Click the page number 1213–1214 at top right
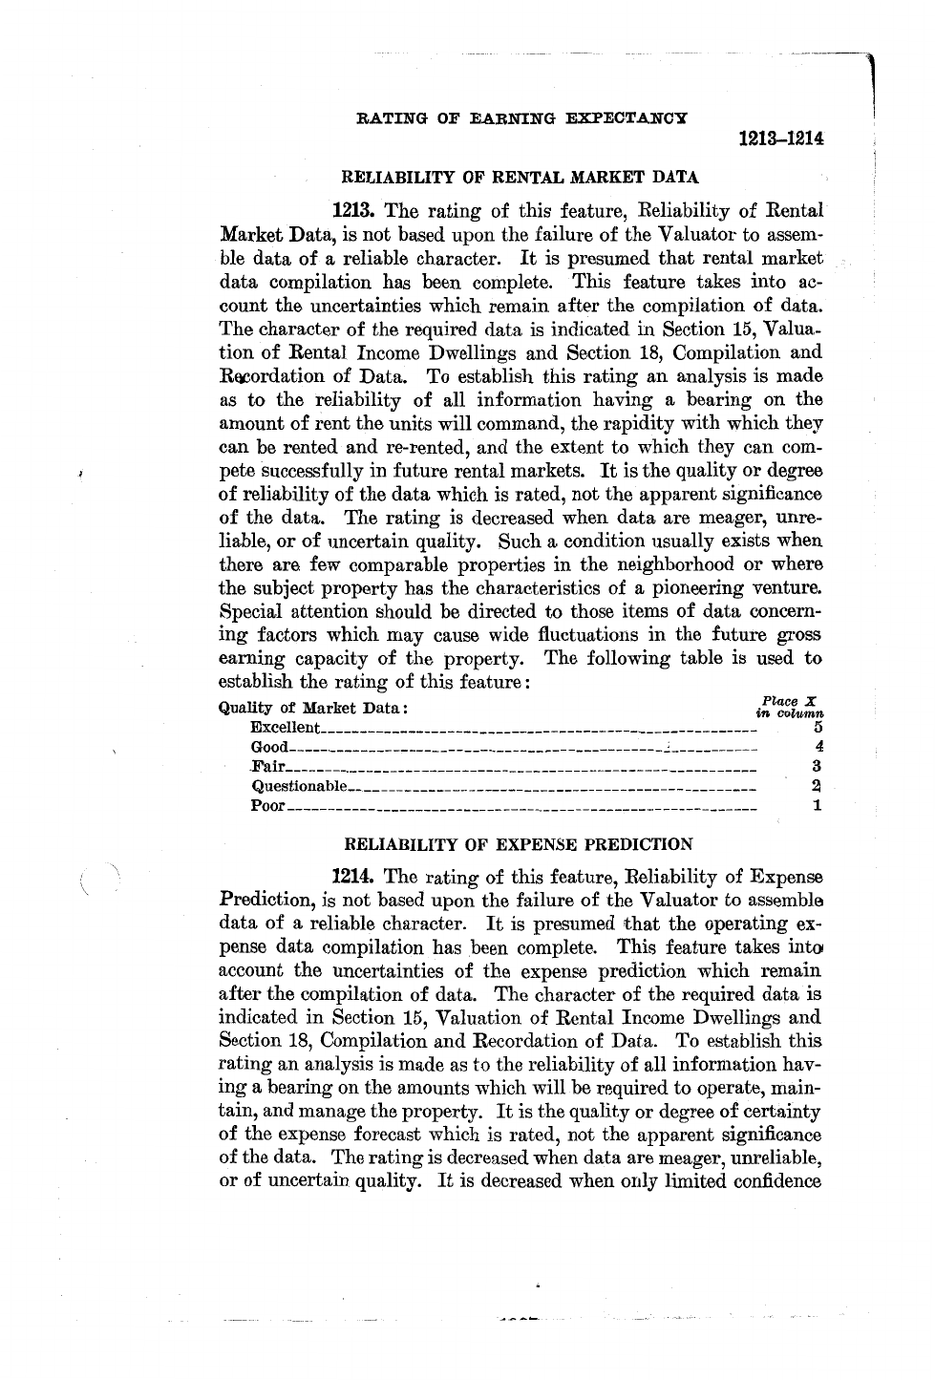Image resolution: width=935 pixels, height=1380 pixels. click(x=781, y=139)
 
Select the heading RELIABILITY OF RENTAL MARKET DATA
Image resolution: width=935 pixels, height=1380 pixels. click(x=521, y=177)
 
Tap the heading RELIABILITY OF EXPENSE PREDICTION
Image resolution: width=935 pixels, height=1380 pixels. click(x=517, y=844)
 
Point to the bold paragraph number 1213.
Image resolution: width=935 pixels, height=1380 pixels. click(x=353, y=210)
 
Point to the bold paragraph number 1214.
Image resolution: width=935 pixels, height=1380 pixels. click(x=353, y=877)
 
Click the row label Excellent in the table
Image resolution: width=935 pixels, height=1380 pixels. click(x=284, y=728)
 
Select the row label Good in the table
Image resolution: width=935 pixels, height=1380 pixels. click(x=268, y=747)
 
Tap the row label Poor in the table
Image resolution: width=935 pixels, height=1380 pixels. click(x=267, y=805)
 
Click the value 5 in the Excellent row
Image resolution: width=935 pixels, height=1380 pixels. click(x=818, y=728)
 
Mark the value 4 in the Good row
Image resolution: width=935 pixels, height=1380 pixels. click(x=818, y=747)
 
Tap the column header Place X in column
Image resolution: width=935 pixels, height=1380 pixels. click(x=790, y=705)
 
